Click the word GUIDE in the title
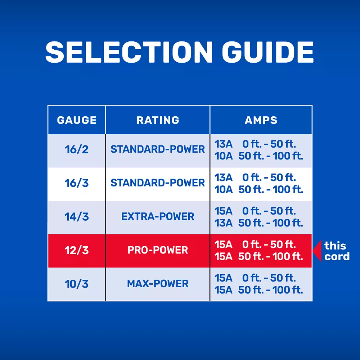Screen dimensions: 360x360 [x=268, y=52]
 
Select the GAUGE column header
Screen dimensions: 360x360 [x=77, y=120]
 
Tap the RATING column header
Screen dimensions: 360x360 [x=158, y=120]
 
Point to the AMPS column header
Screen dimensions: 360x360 [x=261, y=120]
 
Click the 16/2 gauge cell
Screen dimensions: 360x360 [x=77, y=149]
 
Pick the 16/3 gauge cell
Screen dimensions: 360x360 [x=77, y=183]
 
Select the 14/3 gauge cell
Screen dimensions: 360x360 [x=77, y=217]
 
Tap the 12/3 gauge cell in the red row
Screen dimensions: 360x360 [x=77, y=250]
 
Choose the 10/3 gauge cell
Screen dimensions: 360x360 [x=77, y=284]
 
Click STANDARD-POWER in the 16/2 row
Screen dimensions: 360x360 [x=158, y=149]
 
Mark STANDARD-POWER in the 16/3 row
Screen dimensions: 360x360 [x=158, y=183]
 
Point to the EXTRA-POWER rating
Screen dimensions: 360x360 [x=158, y=216]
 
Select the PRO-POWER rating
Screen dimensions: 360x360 [x=158, y=250]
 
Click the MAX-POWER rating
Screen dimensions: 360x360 [x=158, y=284]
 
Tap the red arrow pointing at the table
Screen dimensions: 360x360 [x=317, y=251]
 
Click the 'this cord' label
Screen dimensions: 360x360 [x=337, y=251]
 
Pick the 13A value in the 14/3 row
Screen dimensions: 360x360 [x=224, y=223]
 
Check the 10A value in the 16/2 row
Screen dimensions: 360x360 [x=224, y=156]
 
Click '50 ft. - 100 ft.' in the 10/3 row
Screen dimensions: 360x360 [x=271, y=290]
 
